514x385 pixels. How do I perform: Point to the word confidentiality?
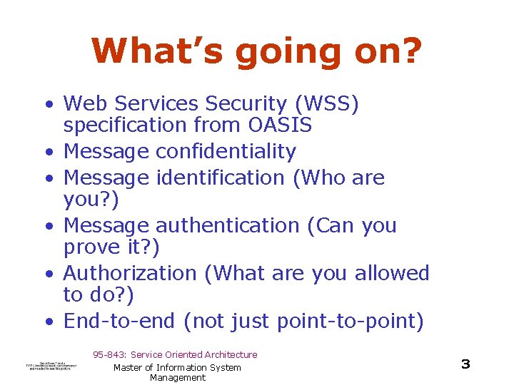(226, 152)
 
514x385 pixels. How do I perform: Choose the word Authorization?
(130, 273)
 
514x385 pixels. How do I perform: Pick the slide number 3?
(465, 364)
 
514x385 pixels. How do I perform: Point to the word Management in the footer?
(177, 378)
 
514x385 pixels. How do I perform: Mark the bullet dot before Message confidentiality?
(49, 153)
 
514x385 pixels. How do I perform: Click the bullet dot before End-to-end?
(49, 322)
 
